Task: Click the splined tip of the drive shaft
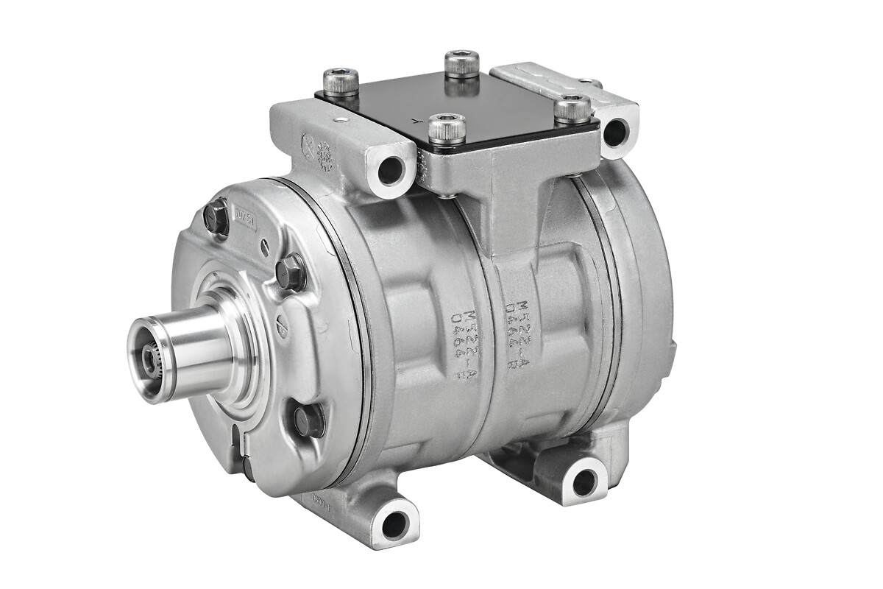152,359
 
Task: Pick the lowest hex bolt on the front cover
309,420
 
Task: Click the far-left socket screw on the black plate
341,82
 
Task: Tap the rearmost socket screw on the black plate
462,63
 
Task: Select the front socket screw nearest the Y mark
447,129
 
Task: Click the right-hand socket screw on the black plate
572,109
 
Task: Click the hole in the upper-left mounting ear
391,171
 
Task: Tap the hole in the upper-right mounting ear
615,133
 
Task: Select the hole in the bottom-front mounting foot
395,524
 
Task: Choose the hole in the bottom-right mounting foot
584,482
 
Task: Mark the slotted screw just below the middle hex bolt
283,322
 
